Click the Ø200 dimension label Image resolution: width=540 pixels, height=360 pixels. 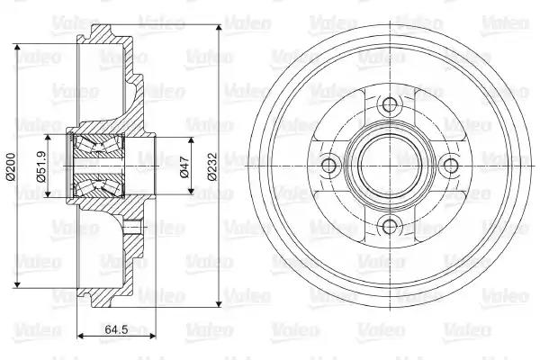pos(10,166)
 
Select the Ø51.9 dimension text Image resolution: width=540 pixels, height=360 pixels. pos(41,166)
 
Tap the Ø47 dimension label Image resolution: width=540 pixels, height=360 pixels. pos(184,166)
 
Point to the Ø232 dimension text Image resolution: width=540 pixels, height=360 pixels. pos(212,166)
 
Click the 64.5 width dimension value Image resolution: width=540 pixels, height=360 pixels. pos(116,329)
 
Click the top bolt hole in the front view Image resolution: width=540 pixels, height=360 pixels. pos(390,104)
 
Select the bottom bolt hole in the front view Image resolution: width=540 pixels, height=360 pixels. pos(390,227)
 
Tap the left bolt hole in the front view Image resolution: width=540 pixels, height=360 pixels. pos(328,166)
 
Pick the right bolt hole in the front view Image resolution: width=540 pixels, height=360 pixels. pos(451,166)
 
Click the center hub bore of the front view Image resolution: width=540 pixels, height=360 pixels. pos(390,166)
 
